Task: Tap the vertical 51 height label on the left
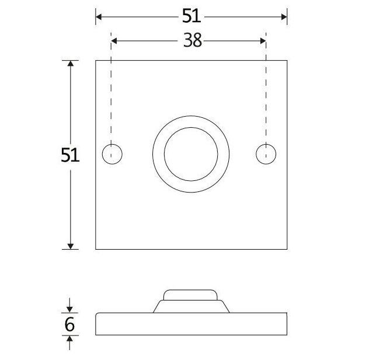pos(70,155)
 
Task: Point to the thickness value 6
pos(69,324)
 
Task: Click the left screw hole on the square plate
pos(112,153)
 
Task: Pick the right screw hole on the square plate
pos(266,153)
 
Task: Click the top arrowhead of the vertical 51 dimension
pos(70,64)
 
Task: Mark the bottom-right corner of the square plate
pos(287,249)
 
